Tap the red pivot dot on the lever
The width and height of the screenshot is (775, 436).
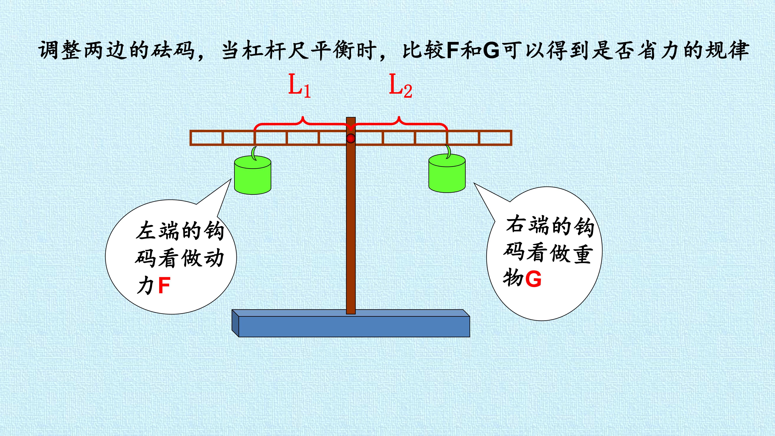point(351,138)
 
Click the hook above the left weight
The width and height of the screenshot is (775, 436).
point(254,153)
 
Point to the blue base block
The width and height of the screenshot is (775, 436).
point(351,323)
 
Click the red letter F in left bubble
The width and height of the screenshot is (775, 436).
point(164,286)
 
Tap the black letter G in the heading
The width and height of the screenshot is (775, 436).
point(491,50)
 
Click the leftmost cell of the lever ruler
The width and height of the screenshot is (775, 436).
point(206,138)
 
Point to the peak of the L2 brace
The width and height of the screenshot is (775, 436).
point(399,116)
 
